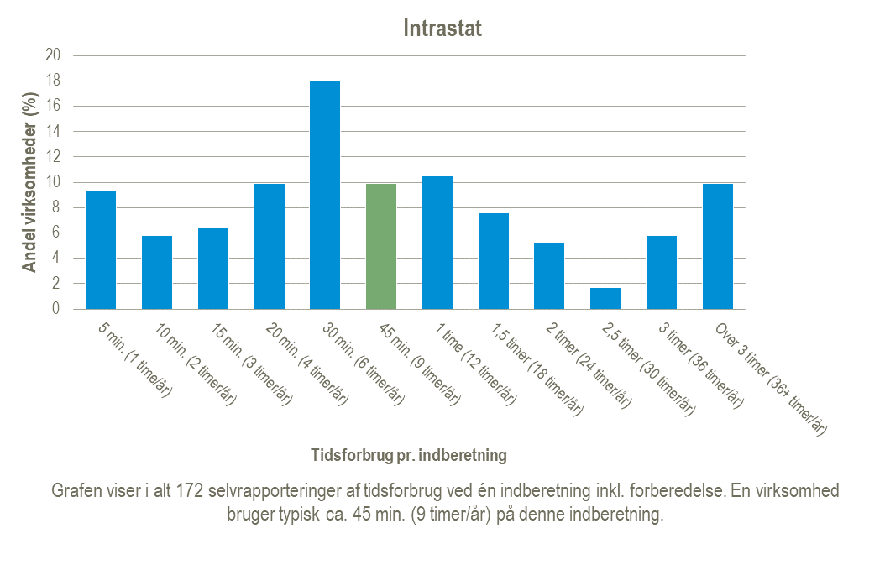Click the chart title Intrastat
tap(442, 28)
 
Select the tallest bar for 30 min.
tap(325, 195)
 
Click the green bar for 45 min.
tap(381, 246)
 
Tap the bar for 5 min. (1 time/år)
tap(101, 250)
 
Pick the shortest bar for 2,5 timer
tap(605, 298)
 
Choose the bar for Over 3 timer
tap(718, 246)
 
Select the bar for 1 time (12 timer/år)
tap(437, 243)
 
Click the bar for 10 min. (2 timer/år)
tap(157, 272)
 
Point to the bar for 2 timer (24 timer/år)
tap(549, 276)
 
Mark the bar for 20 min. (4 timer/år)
tap(270, 246)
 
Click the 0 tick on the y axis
tap(56, 309)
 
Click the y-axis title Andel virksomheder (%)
tap(29, 182)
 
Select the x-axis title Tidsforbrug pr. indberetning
tap(409, 456)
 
